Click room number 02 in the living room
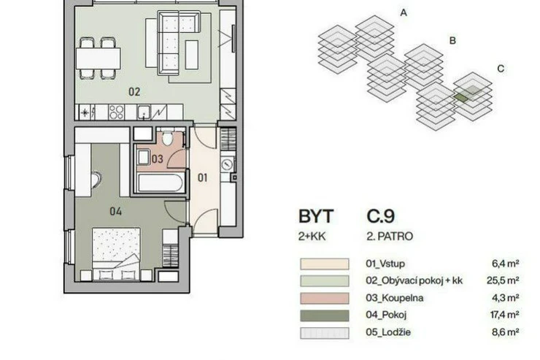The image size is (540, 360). [134, 92]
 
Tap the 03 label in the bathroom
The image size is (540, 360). [157, 159]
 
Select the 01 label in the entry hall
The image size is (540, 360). [203, 177]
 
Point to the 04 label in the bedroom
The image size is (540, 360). [116, 211]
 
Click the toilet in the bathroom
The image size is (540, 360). [168, 138]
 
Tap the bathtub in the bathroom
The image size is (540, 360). [160, 183]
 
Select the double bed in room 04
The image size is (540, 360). [117, 253]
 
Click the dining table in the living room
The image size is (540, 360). [99, 58]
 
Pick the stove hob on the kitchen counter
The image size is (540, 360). [116, 112]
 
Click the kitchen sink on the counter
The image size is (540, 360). [144, 112]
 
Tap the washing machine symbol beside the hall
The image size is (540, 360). [227, 164]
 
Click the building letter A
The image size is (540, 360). [404, 13]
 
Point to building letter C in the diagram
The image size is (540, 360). [501, 69]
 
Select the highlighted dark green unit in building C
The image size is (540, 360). [461, 98]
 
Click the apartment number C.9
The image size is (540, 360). [380, 216]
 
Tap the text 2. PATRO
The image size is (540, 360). [390, 237]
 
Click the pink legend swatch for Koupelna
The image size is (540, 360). [325, 298]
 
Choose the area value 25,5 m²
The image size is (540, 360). [504, 280]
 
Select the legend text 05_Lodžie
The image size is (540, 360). [388, 332]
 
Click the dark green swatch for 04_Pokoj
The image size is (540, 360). [325, 315]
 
